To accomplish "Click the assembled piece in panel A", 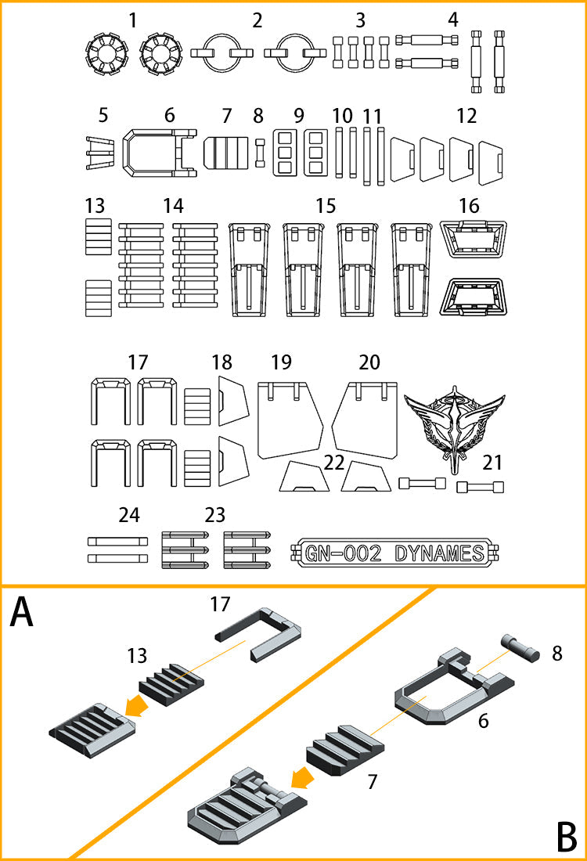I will pyautogui.click(x=92, y=722).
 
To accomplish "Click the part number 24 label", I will pyautogui.click(x=128, y=515).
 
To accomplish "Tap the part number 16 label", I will pyautogui.click(x=469, y=206).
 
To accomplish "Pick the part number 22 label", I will pyautogui.click(x=334, y=462).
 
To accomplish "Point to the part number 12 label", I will pyautogui.click(x=466, y=116).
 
